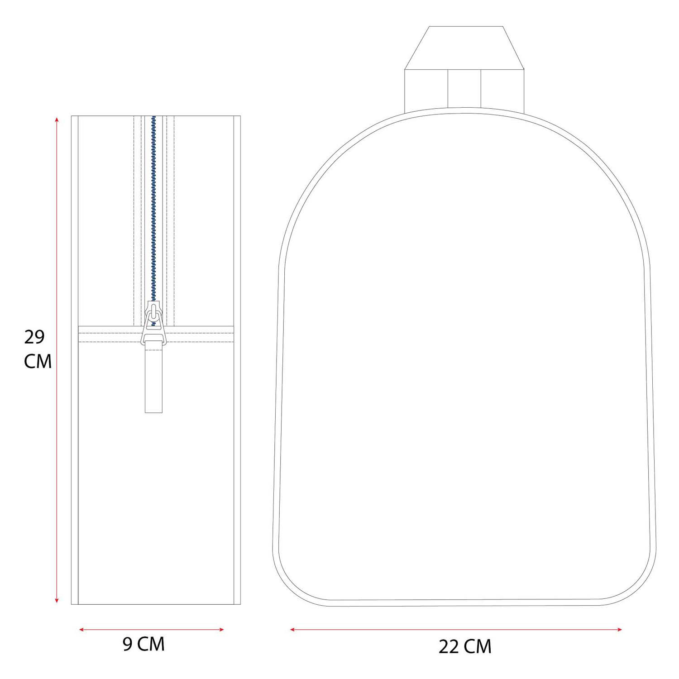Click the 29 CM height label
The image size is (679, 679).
point(38,349)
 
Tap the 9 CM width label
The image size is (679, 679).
point(143,644)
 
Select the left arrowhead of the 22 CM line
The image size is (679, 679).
point(292,629)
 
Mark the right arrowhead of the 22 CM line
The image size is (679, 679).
point(620,629)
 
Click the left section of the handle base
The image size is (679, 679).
point(426,89)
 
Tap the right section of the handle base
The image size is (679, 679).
point(502,89)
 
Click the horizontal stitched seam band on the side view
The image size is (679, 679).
point(199,334)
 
